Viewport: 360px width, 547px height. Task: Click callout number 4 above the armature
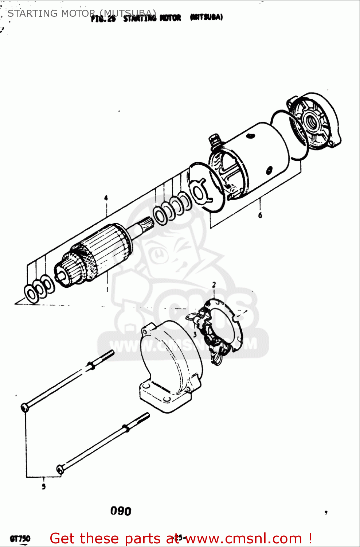[x=106, y=198]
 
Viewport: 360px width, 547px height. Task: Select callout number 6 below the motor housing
[x=260, y=215]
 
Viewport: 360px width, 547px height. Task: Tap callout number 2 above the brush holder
[x=214, y=285]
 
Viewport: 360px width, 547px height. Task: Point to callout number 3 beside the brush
[x=195, y=334]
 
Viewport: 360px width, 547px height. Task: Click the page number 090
[x=121, y=511]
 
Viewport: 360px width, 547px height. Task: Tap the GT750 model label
[x=20, y=538]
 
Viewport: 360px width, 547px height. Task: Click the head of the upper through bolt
[x=24, y=407]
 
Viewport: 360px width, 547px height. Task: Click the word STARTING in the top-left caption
[x=32, y=13]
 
